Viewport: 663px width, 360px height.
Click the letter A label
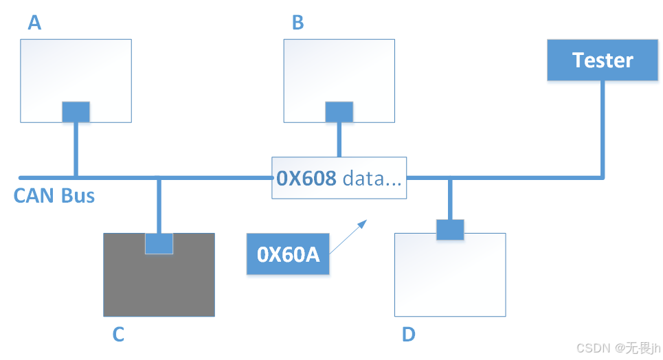point(34,23)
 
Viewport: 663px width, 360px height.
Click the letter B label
point(298,23)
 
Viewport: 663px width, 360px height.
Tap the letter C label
point(118,335)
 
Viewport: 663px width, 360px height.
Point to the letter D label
point(409,335)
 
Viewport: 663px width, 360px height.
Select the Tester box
point(602,60)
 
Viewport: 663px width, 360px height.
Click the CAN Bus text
point(54,196)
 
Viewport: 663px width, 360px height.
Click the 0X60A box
point(289,255)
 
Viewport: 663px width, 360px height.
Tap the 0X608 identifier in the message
point(306,179)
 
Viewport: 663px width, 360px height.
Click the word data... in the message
point(372,179)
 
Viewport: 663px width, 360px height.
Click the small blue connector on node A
point(76,113)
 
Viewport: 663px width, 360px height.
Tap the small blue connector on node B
point(339,113)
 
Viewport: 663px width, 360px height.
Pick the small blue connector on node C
point(159,243)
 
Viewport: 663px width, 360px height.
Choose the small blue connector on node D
point(450,229)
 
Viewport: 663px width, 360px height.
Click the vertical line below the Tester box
point(603,131)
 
